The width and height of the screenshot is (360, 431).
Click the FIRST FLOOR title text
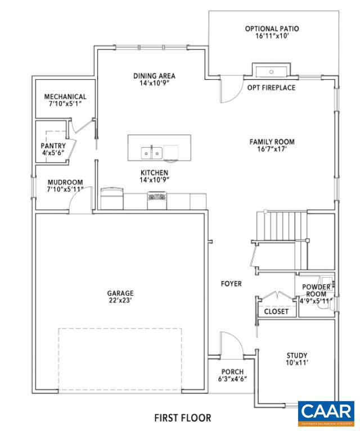[183, 418]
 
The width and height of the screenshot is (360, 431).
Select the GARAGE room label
[120, 293]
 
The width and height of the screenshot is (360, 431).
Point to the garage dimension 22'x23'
[120, 301]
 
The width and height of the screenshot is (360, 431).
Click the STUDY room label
[296, 355]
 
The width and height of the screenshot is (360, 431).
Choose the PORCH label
[232, 371]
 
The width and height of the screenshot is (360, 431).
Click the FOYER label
[231, 284]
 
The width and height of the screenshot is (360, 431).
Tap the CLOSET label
[276, 311]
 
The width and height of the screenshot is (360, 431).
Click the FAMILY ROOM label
[272, 142]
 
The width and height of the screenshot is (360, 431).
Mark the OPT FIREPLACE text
[271, 88]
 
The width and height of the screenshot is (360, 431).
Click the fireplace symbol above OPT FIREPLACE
[272, 72]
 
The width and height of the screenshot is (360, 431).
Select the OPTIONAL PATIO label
[272, 29]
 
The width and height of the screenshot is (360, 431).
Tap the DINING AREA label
[154, 76]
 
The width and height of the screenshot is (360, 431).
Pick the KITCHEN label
[154, 173]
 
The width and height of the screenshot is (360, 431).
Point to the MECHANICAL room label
[65, 97]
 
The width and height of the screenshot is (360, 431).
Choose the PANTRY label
[53, 146]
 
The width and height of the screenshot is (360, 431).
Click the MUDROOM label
[65, 183]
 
